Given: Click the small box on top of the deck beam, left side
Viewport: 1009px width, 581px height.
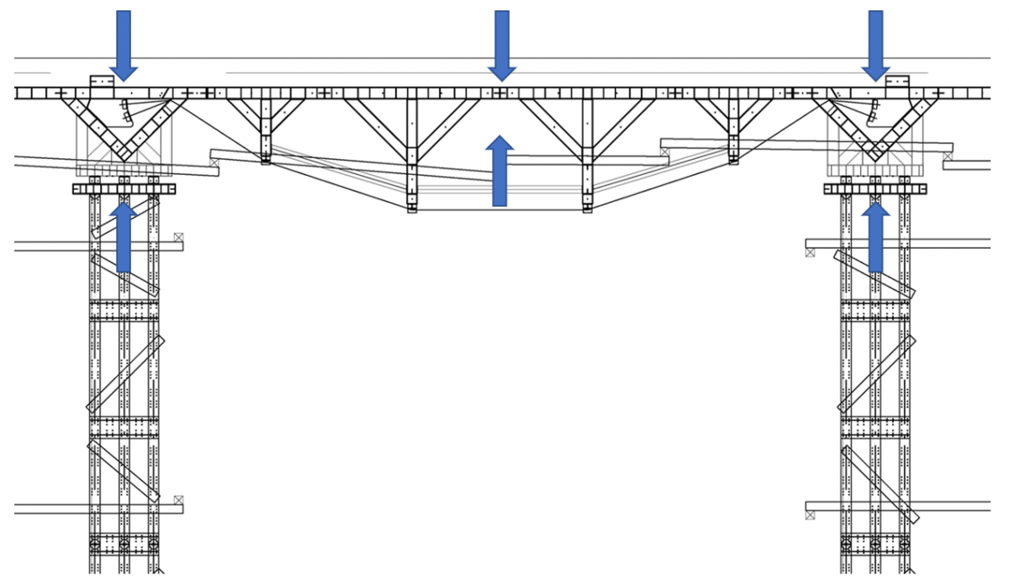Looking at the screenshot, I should (x=102, y=81).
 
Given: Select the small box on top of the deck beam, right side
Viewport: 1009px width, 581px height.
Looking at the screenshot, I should (x=897, y=81).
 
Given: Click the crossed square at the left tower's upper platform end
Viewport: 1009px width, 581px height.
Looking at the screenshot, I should (x=178, y=238).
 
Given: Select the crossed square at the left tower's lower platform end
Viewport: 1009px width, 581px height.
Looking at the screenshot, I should (x=178, y=500).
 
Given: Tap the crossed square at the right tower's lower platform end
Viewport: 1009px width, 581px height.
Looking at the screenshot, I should (x=810, y=514).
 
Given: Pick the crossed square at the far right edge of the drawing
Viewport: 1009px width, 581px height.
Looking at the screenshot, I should (x=948, y=155).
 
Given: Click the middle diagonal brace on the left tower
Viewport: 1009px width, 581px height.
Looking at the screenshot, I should (x=125, y=374).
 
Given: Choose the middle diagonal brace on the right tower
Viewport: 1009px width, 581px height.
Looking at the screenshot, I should (x=874, y=374).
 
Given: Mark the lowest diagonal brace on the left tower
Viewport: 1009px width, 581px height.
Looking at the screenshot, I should (x=124, y=471).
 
